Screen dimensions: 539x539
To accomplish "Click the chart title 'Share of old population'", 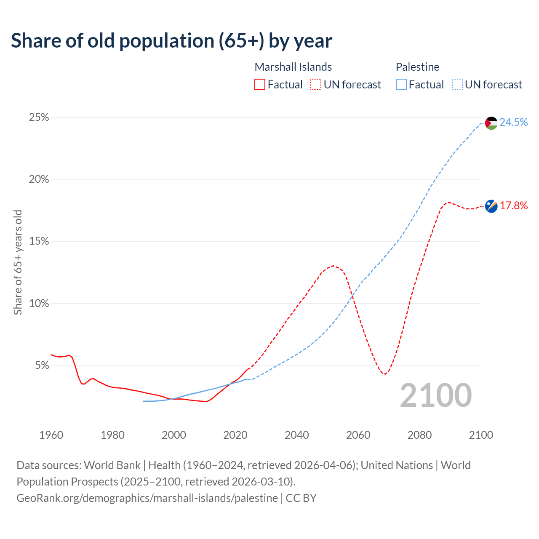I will (171, 40).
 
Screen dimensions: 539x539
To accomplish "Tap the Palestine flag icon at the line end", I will (491, 123).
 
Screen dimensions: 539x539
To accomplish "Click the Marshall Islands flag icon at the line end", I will (491, 206).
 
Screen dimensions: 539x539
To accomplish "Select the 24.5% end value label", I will (514, 122).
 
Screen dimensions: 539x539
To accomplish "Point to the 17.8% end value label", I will (514, 205).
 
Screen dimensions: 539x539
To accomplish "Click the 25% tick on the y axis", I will (39, 117).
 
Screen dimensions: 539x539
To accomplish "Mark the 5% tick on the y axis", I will (42, 365).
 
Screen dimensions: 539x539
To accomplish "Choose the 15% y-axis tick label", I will (39, 241).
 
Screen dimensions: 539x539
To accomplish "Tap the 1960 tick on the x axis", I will (51, 435).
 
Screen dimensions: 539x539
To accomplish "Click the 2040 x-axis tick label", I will (297, 435).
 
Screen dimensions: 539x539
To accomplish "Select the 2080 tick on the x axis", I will (420, 435).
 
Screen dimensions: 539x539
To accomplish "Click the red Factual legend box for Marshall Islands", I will (260, 85).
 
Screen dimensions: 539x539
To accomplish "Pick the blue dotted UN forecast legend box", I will (457, 85).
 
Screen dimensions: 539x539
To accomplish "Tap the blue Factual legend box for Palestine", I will (401, 85).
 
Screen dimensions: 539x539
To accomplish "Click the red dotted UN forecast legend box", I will (316, 85).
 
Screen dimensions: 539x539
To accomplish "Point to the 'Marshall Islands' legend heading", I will (293, 67).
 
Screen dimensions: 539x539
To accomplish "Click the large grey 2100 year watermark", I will (436, 395).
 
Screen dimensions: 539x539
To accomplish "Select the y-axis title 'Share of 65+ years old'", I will (18, 262).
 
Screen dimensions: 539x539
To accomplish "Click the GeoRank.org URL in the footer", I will (147, 498).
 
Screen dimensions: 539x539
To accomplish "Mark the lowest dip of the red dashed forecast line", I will (384, 374).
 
